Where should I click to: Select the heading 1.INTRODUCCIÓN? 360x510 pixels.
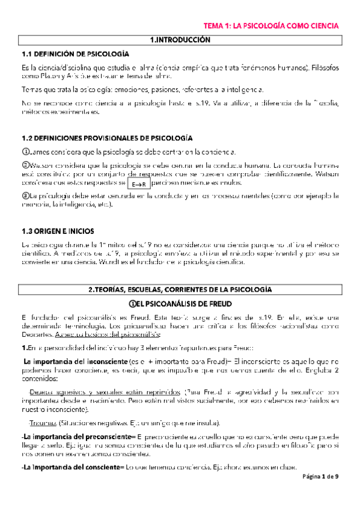coord(180,40)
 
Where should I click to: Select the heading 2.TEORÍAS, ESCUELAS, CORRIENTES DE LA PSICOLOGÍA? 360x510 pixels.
coord(180,289)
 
